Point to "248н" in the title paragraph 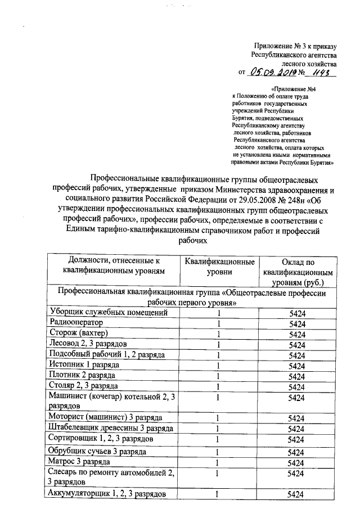point(298,198)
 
